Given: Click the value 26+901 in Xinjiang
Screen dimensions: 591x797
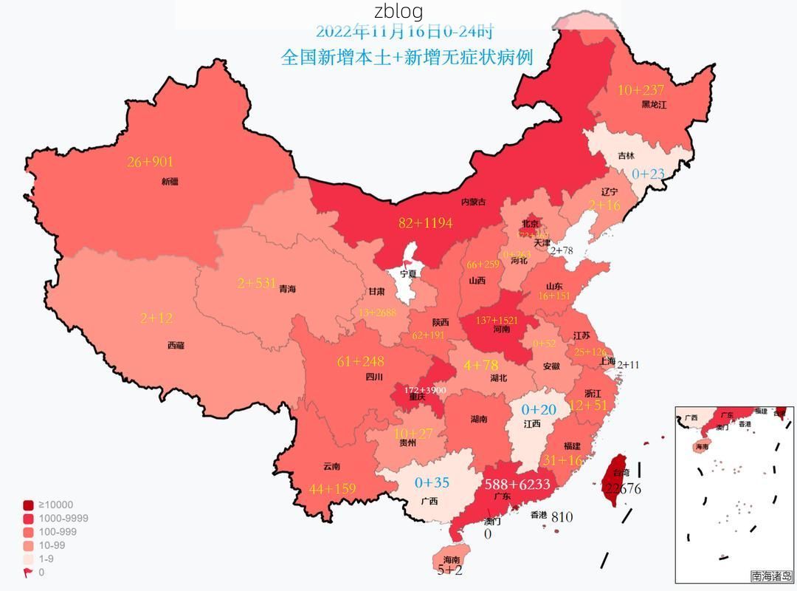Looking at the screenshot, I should pos(150,162).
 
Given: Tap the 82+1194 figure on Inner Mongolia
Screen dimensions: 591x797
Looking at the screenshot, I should pos(425,223).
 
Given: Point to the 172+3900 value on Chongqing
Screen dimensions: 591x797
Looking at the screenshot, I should pos(424,389).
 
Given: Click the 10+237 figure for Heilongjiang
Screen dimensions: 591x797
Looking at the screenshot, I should pos(641,90).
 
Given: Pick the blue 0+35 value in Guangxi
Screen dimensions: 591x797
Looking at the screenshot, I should pos(432,482).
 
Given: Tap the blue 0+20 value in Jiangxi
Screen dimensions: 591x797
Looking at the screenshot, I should pos(539,409).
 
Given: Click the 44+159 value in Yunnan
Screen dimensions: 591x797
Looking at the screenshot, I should pos(332,488).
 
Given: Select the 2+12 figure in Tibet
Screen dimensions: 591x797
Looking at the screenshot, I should pos(156,318).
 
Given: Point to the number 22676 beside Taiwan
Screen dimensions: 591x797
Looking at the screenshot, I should pos(621,488).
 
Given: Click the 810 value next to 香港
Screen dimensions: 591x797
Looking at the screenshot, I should pos(562,517).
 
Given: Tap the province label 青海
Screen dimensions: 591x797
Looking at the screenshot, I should pos(287,289).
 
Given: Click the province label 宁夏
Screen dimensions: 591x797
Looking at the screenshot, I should pos(408,273).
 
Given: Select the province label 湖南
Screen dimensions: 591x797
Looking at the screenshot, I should pos(478,419).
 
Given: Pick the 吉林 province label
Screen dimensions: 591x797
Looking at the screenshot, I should pos(626,156).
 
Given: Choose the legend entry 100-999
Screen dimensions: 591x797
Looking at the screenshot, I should pos(47,532).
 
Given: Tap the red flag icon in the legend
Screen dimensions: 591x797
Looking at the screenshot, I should pos(28,573).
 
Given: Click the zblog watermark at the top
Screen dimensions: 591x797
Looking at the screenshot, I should pos(398,11).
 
